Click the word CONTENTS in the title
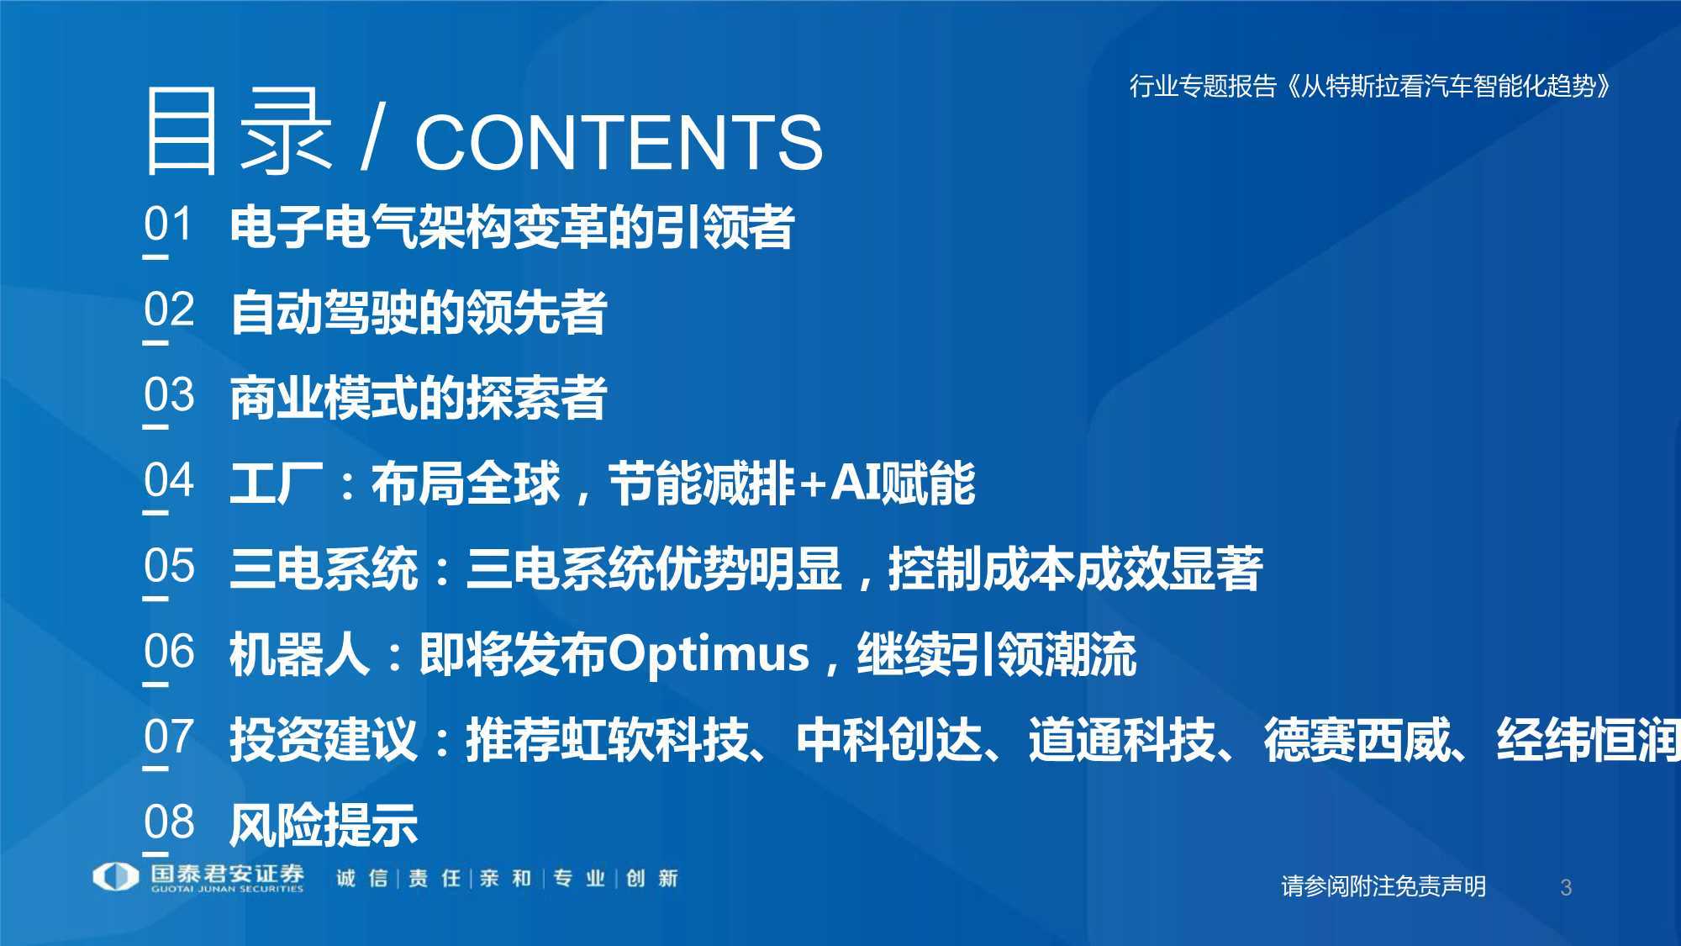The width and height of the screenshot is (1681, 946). click(619, 141)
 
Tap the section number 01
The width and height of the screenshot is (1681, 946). click(168, 225)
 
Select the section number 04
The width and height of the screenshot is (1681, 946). click(169, 481)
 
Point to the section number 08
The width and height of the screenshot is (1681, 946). click(169, 822)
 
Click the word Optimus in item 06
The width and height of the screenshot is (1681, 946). click(708, 655)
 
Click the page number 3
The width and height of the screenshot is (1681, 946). click(1565, 887)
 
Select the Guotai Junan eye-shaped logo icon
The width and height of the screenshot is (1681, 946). click(115, 877)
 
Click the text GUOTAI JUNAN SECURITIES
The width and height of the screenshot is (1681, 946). click(227, 889)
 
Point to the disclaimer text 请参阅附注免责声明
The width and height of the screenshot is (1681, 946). click(1383, 886)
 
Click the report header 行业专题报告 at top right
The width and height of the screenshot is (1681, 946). click(1203, 86)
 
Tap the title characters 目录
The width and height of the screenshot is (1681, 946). click(238, 131)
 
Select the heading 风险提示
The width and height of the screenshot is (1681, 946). click(324, 825)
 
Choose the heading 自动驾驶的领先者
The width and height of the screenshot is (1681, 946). click(418, 313)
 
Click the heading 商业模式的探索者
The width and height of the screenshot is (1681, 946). click(418, 398)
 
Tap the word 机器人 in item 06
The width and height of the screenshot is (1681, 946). click(300, 655)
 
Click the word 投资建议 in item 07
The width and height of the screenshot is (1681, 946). click(324, 740)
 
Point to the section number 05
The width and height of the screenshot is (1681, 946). click(169, 566)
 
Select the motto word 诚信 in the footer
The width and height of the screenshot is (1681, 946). click(362, 879)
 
